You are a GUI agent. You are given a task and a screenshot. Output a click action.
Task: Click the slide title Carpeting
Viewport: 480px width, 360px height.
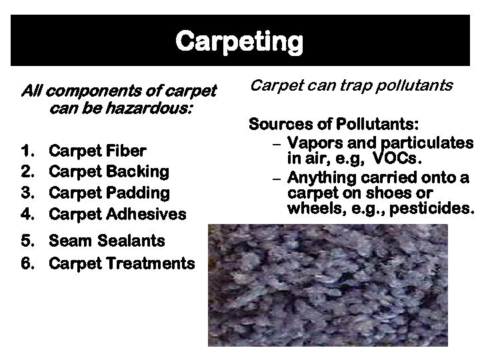point(239,42)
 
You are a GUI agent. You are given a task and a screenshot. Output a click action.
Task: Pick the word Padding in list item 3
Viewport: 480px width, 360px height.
point(139,193)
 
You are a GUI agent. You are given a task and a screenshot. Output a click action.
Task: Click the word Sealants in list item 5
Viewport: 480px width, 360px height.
point(135,241)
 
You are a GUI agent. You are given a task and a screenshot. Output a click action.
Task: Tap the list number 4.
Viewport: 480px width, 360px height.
point(26,214)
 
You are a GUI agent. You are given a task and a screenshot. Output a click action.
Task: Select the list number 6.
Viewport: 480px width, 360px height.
point(26,263)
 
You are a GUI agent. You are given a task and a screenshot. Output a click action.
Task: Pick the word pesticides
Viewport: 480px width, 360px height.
point(434,209)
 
